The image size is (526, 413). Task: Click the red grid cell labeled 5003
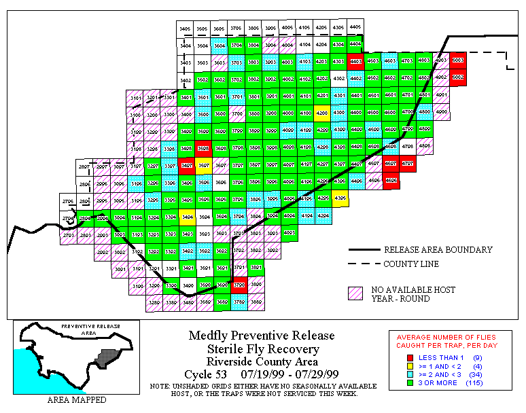tap(458, 60)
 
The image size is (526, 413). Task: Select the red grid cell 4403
tap(355, 61)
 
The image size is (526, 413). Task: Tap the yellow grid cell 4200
tap(322, 113)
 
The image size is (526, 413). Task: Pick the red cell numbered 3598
tap(203, 147)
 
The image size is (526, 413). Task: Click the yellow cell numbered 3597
tap(203, 165)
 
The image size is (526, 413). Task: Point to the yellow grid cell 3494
tap(186, 217)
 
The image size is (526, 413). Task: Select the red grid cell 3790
tap(237, 285)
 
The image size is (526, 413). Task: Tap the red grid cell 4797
tap(407, 164)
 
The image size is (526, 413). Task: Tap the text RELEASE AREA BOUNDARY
tap(438, 250)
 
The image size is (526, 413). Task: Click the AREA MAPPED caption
tap(76, 400)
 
